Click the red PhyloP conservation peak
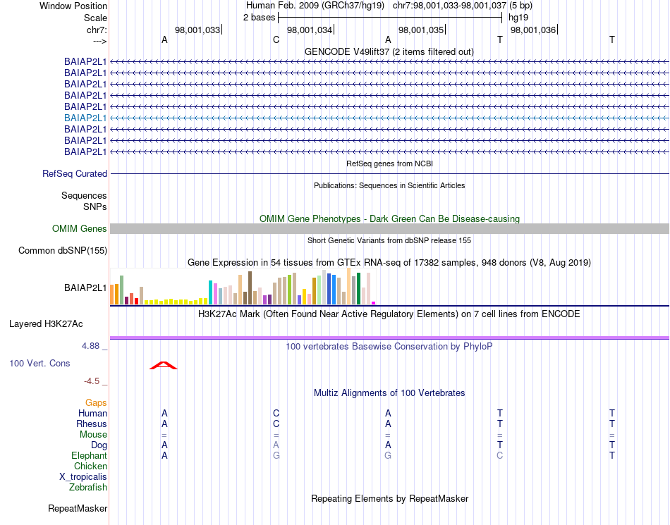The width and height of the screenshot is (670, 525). (x=164, y=365)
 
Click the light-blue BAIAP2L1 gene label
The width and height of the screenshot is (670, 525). (x=85, y=118)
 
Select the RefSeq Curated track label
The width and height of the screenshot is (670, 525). (x=75, y=173)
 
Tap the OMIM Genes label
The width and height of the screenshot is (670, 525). (x=80, y=228)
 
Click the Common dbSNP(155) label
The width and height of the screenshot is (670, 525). (x=63, y=250)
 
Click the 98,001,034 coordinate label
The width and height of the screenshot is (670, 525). (x=310, y=30)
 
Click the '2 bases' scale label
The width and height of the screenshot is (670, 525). (x=260, y=17)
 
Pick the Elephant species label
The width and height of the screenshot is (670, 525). (x=90, y=456)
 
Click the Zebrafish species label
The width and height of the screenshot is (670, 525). (x=88, y=487)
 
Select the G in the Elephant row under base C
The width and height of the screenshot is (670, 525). (x=276, y=456)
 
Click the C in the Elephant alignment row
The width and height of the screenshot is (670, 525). (x=500, y=456)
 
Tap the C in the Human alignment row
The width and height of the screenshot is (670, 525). (x=276, y=413)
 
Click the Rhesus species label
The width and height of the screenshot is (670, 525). (x=92, y=424)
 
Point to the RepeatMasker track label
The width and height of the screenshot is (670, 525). (x=78, y=508)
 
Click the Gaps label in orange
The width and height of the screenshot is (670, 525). (x=96, y=402)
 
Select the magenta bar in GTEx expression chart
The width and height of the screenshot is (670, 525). (x=374, y=302)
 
